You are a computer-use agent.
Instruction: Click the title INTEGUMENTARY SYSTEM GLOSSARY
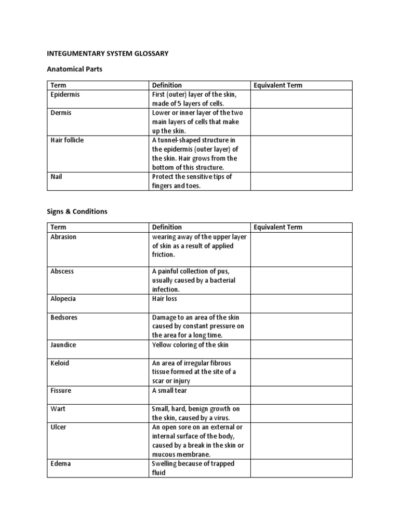pyautogui.click(x=108, y=54)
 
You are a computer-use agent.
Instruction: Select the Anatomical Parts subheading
pyautogui.click(x=75, y=69)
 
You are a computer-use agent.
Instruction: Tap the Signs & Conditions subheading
pyautogui.click(x=77, y=211)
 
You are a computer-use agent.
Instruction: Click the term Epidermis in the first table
pyautogui.click(x=65, y=95)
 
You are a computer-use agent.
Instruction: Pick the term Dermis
pyautogui.click(x=61, y=113)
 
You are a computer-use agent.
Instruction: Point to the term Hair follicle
pyautogui.click(x=67, y=140)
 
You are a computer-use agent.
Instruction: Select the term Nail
pyautogui.click(x=56, y=177)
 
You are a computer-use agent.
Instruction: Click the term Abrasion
pyautogui.click(x=63, y=237)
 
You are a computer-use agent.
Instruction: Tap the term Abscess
pyautogui.click(x=62, y=271)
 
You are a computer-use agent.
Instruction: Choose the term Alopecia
pyautogui.click(x=63, y=299)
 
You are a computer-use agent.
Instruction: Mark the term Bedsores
pyautogui.click(x=64, y=317)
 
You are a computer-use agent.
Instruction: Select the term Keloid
pyautogui.click(x=60, y=363)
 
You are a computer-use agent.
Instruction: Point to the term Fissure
pyautogui.click(x=61, y=391)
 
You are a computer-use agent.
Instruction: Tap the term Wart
pyautogui.click(x=58, y=409)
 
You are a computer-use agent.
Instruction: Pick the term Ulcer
pyautogui.click(x=58, y=427)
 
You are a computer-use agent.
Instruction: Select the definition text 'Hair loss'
pyautogui.click(x=165, y=299)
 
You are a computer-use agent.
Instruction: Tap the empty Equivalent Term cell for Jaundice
pyautogui.click(x=301, y=349)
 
